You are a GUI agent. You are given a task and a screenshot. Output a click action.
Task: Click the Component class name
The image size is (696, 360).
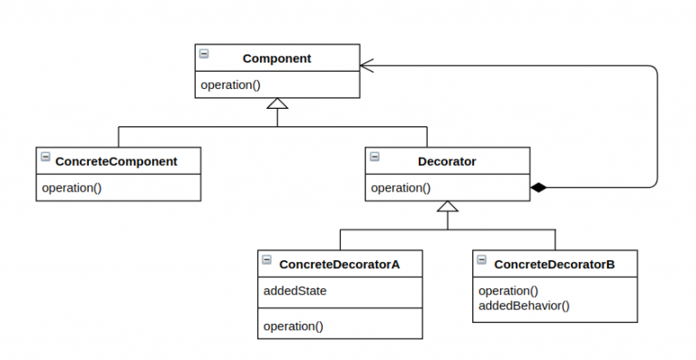[276, 58]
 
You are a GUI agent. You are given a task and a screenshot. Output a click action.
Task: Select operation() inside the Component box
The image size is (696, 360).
[230, 85]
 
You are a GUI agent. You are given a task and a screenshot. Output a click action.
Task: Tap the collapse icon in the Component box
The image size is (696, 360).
[204, 54]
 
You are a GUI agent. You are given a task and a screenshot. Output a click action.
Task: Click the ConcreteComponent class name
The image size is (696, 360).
[116, 161]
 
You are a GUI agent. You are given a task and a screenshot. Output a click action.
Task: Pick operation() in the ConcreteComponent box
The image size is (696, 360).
[72, 189]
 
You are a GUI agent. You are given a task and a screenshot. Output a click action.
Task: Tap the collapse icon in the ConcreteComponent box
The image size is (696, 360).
[45, 158]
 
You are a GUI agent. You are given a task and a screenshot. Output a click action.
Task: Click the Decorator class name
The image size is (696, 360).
[447, 161]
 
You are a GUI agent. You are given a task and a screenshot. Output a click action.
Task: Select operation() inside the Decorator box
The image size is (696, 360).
[401, 189]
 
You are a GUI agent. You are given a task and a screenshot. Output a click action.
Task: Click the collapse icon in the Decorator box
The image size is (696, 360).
[374, 158]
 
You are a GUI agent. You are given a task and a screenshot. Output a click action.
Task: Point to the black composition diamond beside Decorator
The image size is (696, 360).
[539, 188]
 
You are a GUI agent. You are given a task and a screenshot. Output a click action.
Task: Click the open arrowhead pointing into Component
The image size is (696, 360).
[366, 65]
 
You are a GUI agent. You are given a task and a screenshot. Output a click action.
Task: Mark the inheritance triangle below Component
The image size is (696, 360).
[277, 103]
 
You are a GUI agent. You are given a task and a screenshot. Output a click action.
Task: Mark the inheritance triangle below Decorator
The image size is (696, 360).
[448, 207]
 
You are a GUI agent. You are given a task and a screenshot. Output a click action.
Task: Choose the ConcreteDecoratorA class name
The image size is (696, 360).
[339, 264]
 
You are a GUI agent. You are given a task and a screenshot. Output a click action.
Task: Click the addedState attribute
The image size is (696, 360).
[295, 291]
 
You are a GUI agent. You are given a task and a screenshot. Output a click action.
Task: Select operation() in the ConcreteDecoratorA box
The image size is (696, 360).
[293, 326]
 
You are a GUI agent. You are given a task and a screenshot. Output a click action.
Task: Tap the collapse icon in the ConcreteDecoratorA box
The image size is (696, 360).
[266, 260]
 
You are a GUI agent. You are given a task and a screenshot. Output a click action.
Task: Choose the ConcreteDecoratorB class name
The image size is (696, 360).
[554, 264]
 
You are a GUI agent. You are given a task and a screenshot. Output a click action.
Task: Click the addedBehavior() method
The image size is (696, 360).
[524, 305]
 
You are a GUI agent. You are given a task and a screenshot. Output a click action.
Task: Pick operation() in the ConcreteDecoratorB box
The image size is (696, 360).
[508, 291]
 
